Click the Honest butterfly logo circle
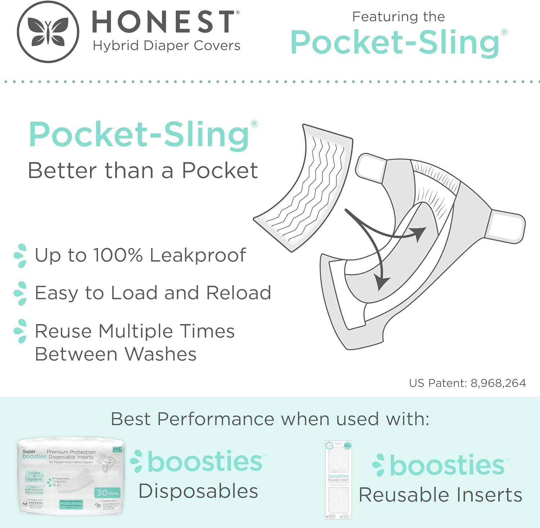coord(48,32)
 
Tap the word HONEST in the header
coord(164,22)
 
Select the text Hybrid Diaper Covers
coord(166,46)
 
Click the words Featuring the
coord(398,17)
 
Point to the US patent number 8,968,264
coord(498,383)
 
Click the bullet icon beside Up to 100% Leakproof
coord(21,256)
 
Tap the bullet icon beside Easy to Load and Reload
coord(21,293)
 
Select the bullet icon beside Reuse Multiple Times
coord(21,331)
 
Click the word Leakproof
coord(198,256)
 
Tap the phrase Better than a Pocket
coord(143,171)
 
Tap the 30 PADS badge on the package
coord(108,493)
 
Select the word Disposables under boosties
coord(198,491)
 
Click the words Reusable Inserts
coord(440,495)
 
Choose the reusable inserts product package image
coord(338,480)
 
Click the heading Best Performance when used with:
coord(270,419)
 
